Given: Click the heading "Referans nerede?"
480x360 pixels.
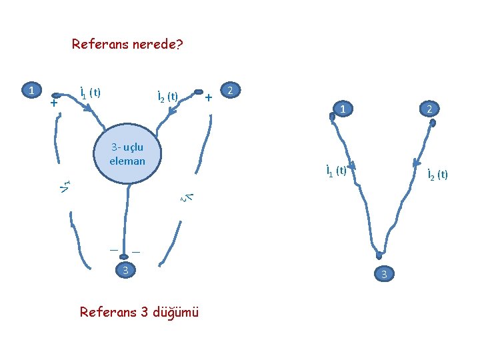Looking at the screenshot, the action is click(x=127, y=45).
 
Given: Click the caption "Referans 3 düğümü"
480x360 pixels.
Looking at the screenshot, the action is click(x=139, y=312).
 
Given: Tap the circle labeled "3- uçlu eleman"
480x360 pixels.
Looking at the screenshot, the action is click(x=127, y=153).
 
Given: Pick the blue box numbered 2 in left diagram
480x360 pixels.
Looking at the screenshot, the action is click(x=230, y=89).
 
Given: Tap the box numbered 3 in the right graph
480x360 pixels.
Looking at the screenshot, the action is click(x=383, y=274).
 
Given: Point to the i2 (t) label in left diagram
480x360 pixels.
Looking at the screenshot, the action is click(x=167, y=97).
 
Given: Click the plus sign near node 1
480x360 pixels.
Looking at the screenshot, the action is click(x=54, y=104).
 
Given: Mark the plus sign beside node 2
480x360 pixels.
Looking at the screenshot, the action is click(x=209, y=98).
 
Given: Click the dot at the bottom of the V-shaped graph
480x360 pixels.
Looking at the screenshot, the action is click(x=379, y=255).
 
